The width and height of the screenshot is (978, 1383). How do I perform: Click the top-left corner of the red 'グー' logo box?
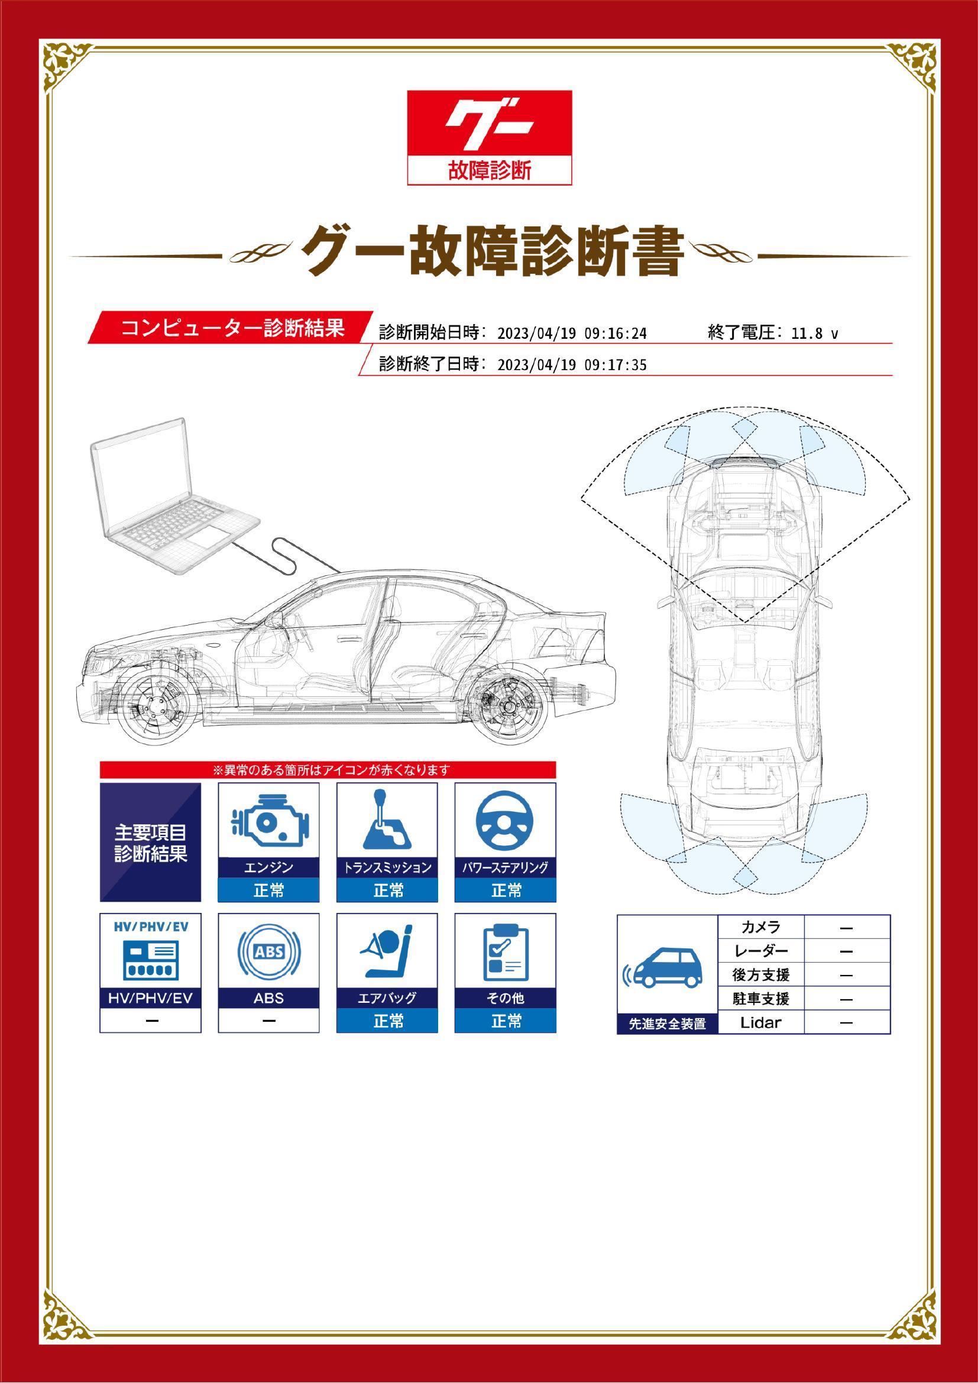tap(408, 91)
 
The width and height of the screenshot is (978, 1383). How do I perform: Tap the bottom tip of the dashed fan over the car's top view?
tap(745, 621)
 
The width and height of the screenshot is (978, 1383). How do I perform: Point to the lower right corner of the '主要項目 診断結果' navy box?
tap(201, 902)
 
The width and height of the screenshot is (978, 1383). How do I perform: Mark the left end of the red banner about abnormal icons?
tap(100, 770)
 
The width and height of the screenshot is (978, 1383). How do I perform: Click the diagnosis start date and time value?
tap(573, 333)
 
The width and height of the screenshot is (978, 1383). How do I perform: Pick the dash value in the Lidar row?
tap(846, 1022)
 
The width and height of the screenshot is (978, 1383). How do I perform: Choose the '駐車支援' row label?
tap(761, 998)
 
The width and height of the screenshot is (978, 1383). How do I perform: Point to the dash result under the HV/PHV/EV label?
tap(151, 1021)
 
